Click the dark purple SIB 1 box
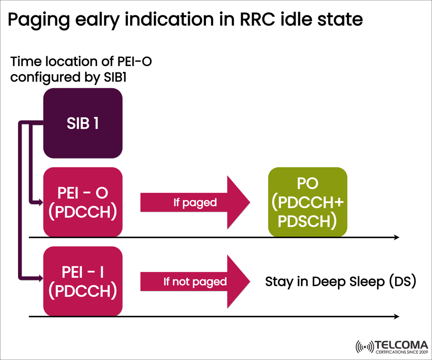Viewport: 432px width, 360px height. click(82, 123)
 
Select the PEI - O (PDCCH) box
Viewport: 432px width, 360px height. click(82, 202)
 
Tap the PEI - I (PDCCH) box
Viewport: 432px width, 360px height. click(82, 281)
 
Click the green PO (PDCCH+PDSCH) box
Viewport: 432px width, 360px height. click(308, 202)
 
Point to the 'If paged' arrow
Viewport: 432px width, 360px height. click(195, 202)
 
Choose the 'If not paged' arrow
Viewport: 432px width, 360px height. click(195, 282)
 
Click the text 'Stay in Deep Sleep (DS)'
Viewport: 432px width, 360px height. click(340, 282)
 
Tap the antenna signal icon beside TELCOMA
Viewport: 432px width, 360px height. click(364, 346)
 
